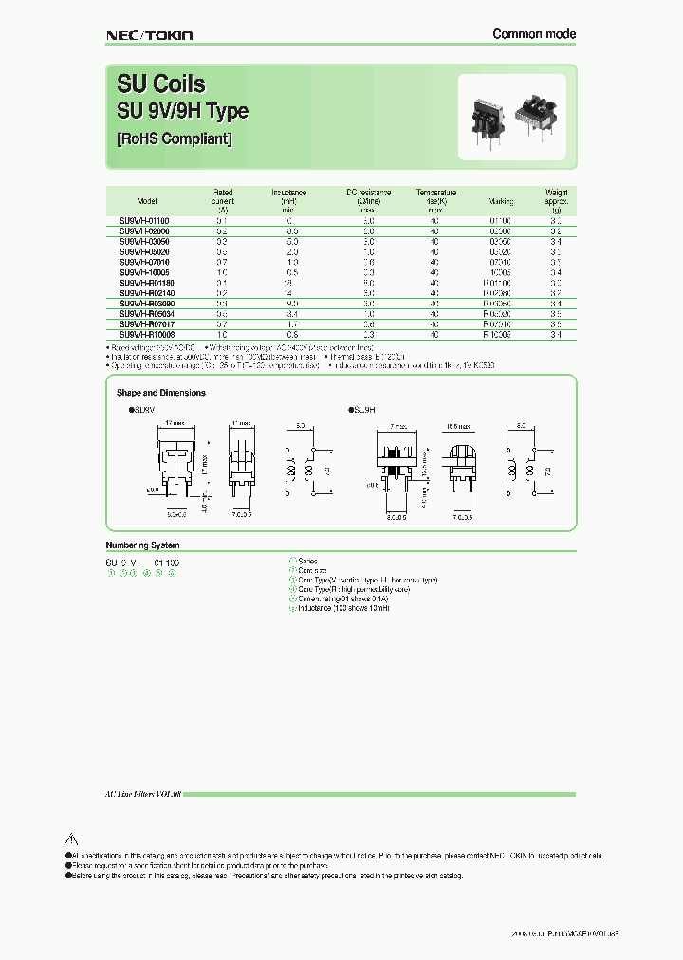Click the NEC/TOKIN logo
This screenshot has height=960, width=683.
pos(148,35)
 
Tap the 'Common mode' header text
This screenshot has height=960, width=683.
pos(534,34)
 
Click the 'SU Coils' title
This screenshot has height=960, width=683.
pos(160,84)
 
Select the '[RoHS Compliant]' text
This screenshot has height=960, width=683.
pos(175,138)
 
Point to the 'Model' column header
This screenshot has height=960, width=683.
pos(146,201)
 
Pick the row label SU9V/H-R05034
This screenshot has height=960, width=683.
pos(147,314)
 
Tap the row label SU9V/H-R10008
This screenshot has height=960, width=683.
pos(147,335)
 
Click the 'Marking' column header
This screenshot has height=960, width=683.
pos(501,201)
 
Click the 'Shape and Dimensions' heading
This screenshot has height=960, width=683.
pos(160,393)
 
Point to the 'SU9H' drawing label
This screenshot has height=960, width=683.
pos(365,410)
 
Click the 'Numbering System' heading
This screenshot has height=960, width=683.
pos(141,545)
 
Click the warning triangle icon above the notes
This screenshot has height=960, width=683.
pos(69,840)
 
